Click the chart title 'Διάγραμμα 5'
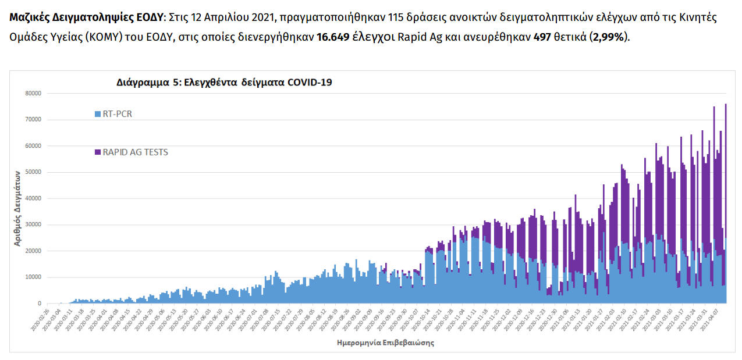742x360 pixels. [224, 83]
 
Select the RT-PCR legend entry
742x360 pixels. [117, 114]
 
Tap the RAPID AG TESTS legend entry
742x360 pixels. [135, 152]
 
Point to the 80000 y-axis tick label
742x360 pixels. [33, 93]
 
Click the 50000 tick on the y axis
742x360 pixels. [33, 172]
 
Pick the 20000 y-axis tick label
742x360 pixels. [33, 251]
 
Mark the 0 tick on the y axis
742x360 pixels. [40, 303]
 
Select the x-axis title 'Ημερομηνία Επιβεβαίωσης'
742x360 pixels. [385, 343]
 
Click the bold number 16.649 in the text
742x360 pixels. [333, 37]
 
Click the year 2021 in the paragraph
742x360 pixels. [251, 17]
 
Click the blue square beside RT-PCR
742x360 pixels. [97, 115]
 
